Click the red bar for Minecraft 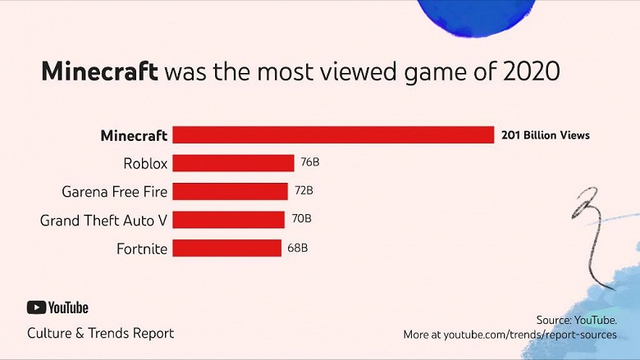coord(332,135)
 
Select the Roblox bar coord(233,163)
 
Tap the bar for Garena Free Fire coord(231,191)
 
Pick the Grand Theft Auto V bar coord(229,219)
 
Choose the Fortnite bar coord(227,248)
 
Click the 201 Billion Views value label coord(546,135)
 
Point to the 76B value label coord(309,162)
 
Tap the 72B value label coord(304,191)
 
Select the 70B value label coord(301,219)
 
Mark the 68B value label coord(298,248)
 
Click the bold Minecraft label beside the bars coord(134,135)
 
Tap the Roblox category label coord(145,163)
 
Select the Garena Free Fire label coord(115,192)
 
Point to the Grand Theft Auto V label coord(103,220)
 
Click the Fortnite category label coord(143,248)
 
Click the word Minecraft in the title coord(99,71)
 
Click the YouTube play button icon coord(36,308)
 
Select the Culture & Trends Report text coord(100,333)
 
